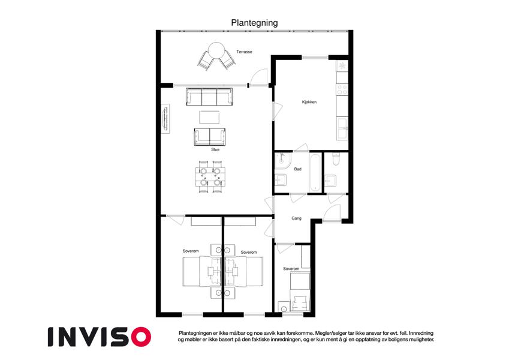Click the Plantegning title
(x=254, y=23)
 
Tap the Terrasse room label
(x=244, y=52)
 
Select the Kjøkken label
(x=309, y=102)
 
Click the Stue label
(x=215, y=149)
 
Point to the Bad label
(x=298, y=169)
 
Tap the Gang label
(x=296, y=218)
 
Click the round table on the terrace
(x=216, y=50)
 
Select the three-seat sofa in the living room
(x=209, y=97)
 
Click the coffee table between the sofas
(x=209, y=117)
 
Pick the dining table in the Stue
(x=210, y=177)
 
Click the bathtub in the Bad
(x=315, y=173)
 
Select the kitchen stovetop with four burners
(x=342, y=89)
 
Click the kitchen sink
(x=342, y=128)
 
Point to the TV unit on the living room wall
(x=166, y=119)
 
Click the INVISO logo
(x=100, y=337)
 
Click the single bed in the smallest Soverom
(x=300, y=292)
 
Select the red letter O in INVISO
(x=141, y=337)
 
